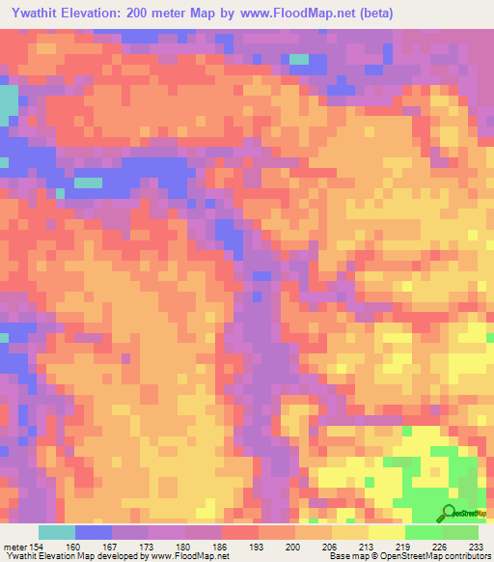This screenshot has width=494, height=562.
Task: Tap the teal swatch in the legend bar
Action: tap(57, 532)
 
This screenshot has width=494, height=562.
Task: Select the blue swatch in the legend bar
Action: tap(94, 532)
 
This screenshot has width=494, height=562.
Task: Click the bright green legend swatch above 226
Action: tap(424, 532)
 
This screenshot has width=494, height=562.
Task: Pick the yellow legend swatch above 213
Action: tap(350, 532)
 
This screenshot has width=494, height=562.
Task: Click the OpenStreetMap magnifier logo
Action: tap(451, 513)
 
